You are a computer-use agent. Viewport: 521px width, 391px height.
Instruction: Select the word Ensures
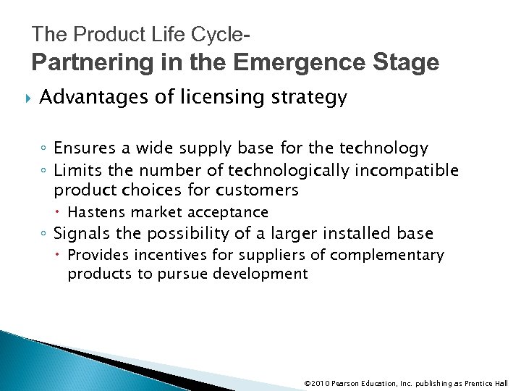pyautogui.click(x=77, y=148)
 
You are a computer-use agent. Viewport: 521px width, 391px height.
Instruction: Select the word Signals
pyautogui.click(x=77, y=233)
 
